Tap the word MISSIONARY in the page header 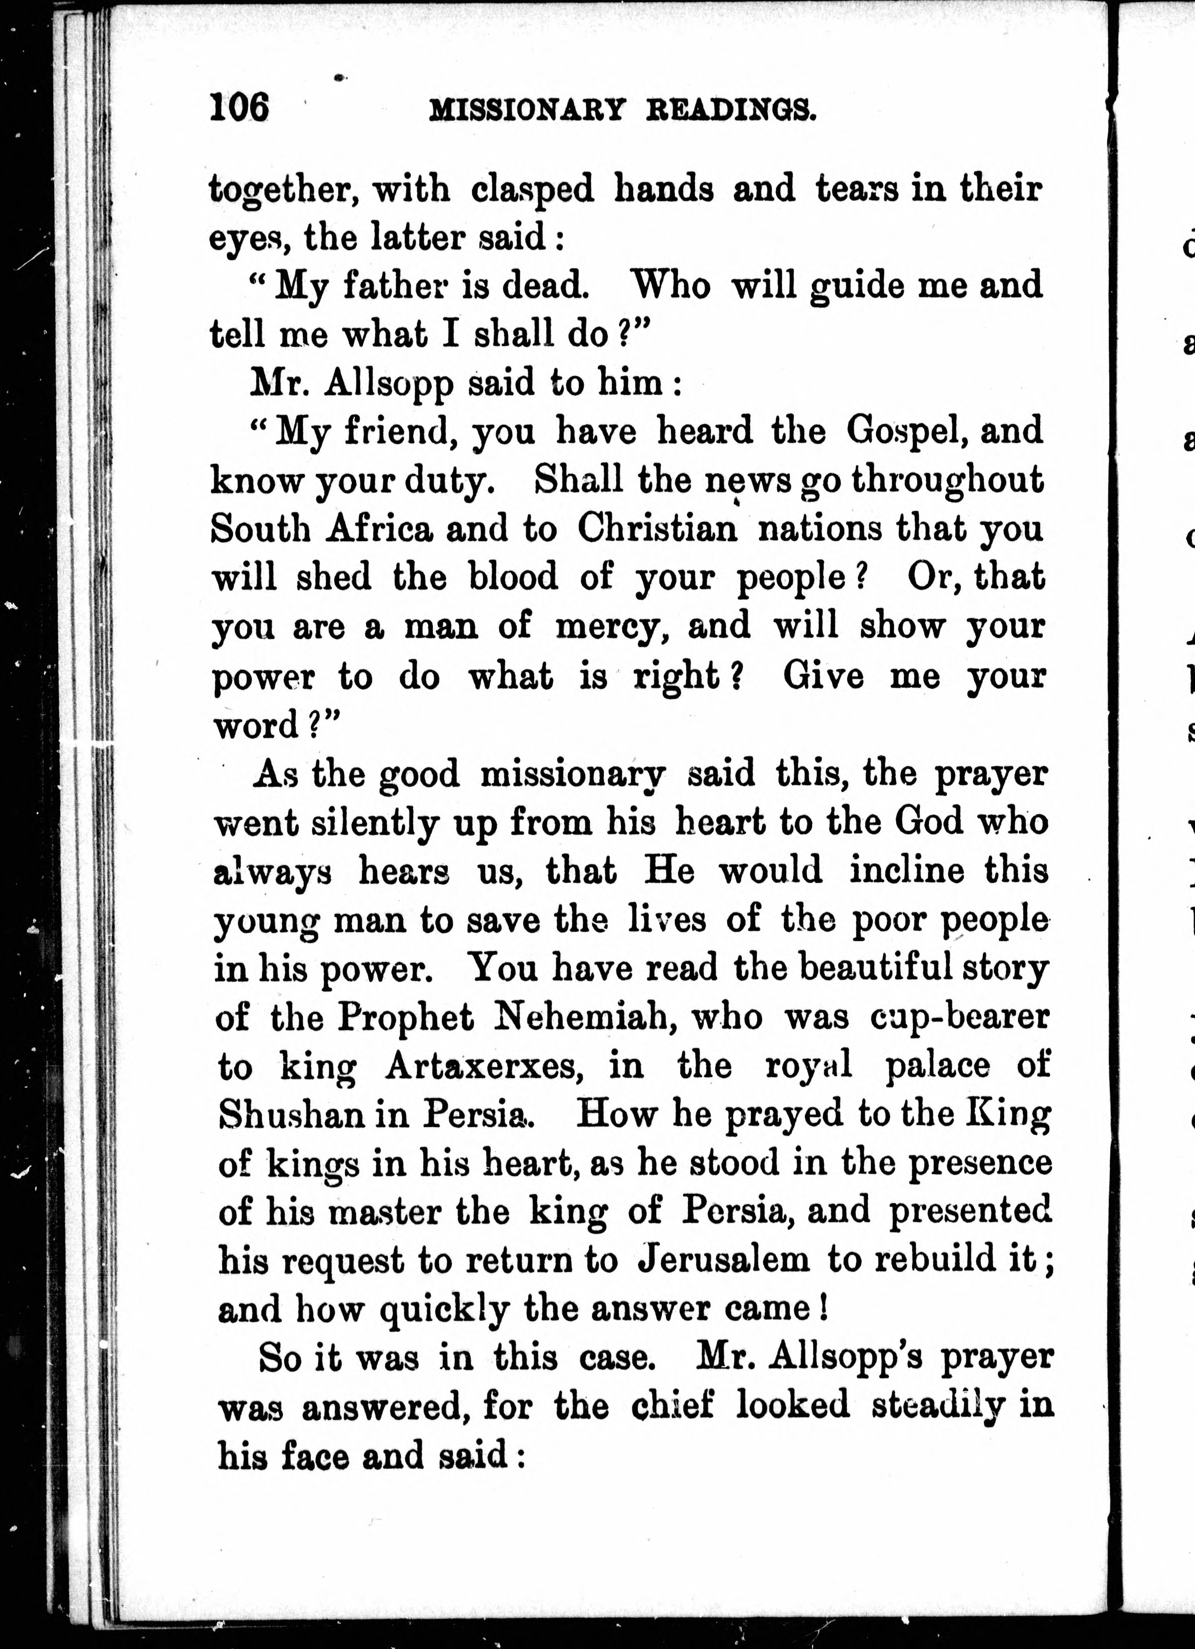(527, 110)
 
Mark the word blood (513, 577)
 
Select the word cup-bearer (960, 1018)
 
